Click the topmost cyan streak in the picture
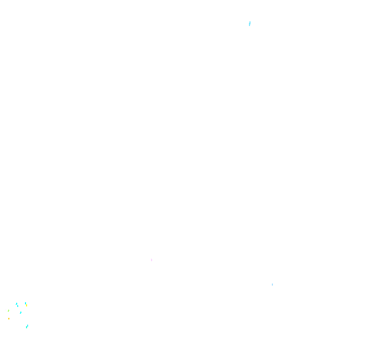coord(249,23)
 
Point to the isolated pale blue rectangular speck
coord(272,285)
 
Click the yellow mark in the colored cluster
coord(26,305)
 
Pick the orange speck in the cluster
coord(9,318)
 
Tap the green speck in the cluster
coord(8,311)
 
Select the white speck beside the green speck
coord(6,310)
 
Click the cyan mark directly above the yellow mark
coord(25,303)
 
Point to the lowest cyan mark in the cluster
coord(27,326)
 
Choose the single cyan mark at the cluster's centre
coord(21,312)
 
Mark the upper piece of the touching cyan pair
coord(16,303)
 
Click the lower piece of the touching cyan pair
coord(17,305)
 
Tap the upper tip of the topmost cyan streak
coord(250,22)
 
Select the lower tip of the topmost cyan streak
coord(249,25)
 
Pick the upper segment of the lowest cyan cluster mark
coord(28,325)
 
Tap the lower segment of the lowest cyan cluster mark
coord(27,327)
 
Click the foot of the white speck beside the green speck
coord(5,311)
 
